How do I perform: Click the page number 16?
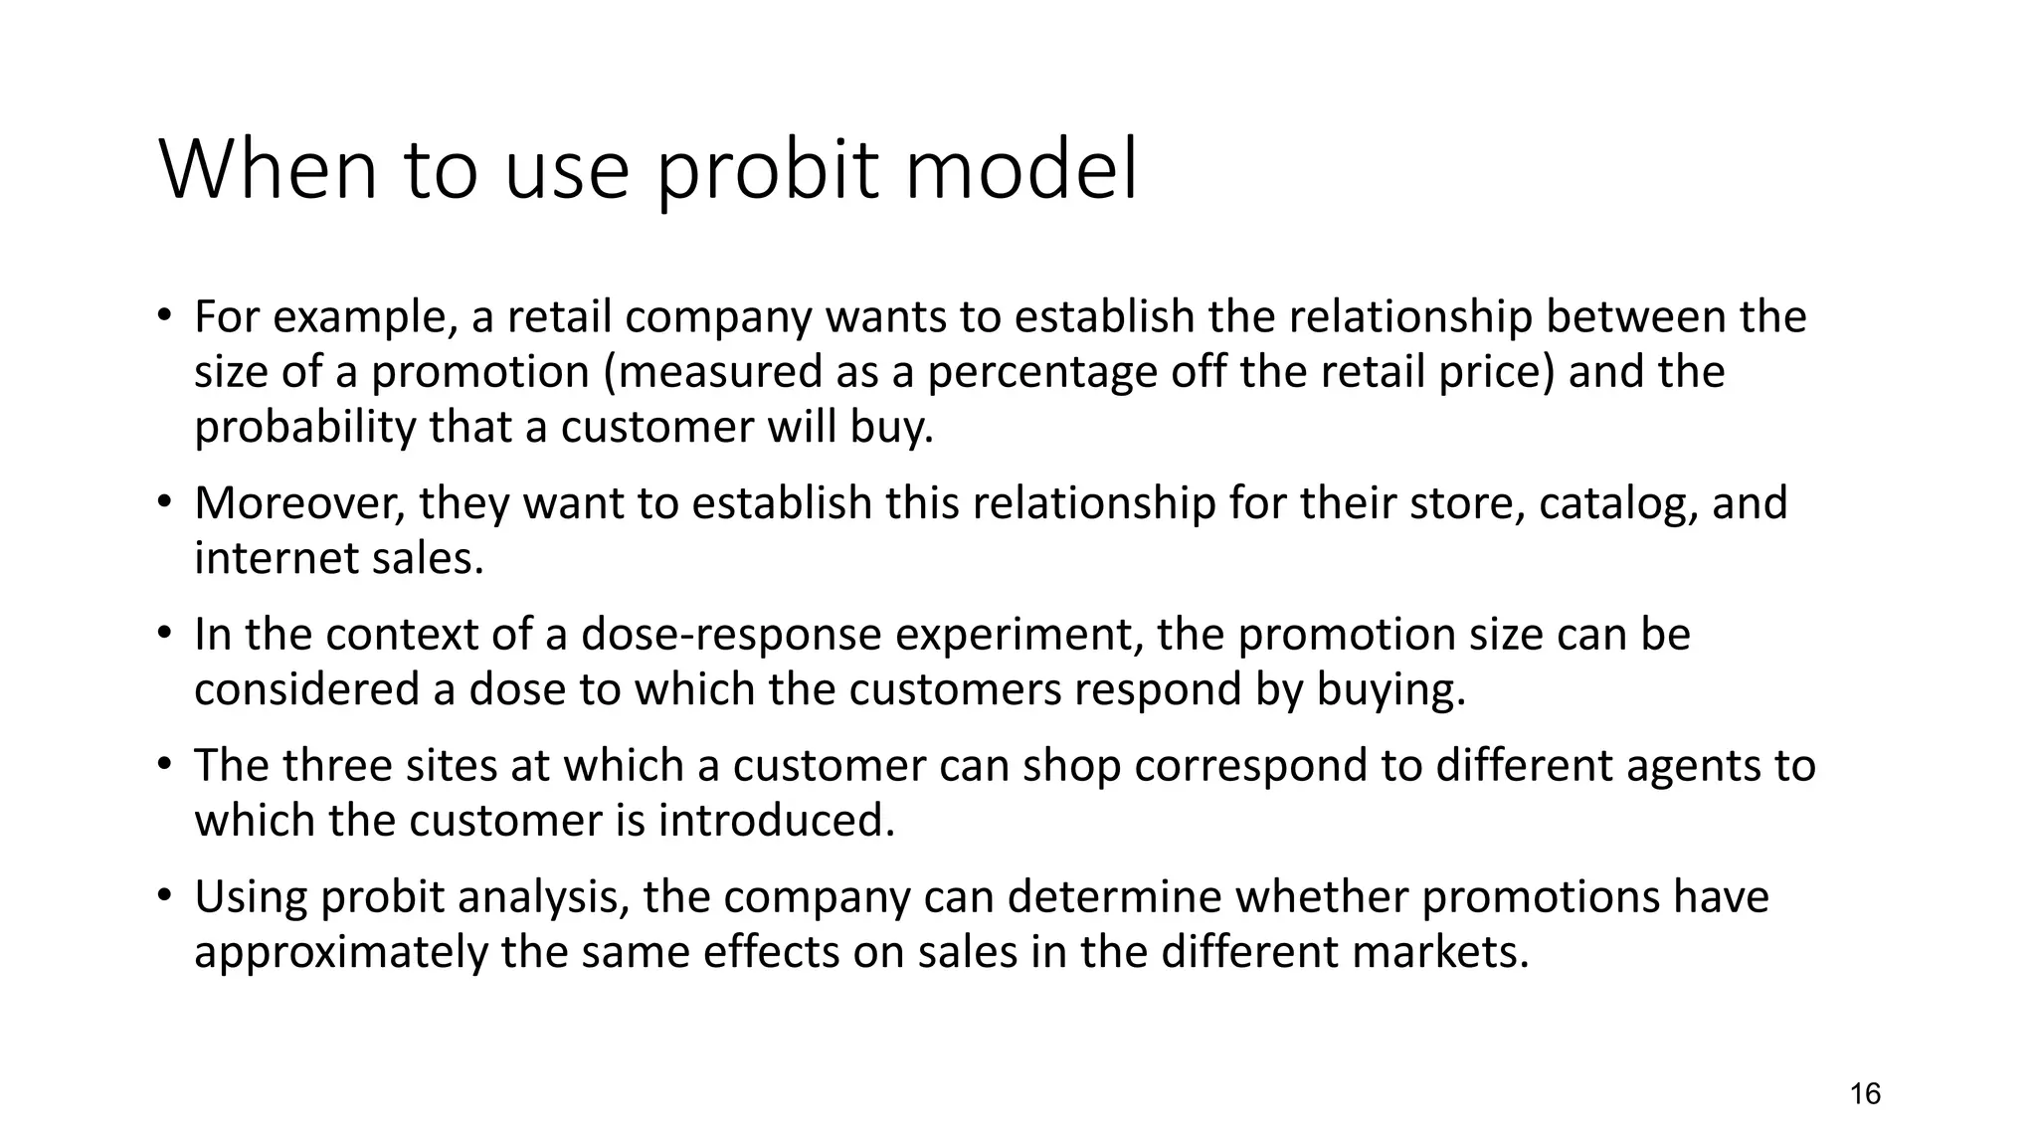[1865, 1094]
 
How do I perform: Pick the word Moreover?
[299, 503]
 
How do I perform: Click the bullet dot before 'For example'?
[164, 317]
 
